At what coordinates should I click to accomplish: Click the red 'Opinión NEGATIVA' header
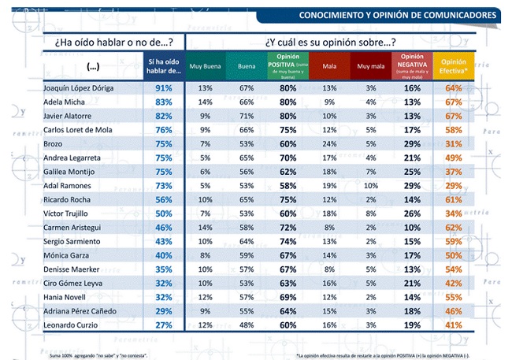(411, 66)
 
